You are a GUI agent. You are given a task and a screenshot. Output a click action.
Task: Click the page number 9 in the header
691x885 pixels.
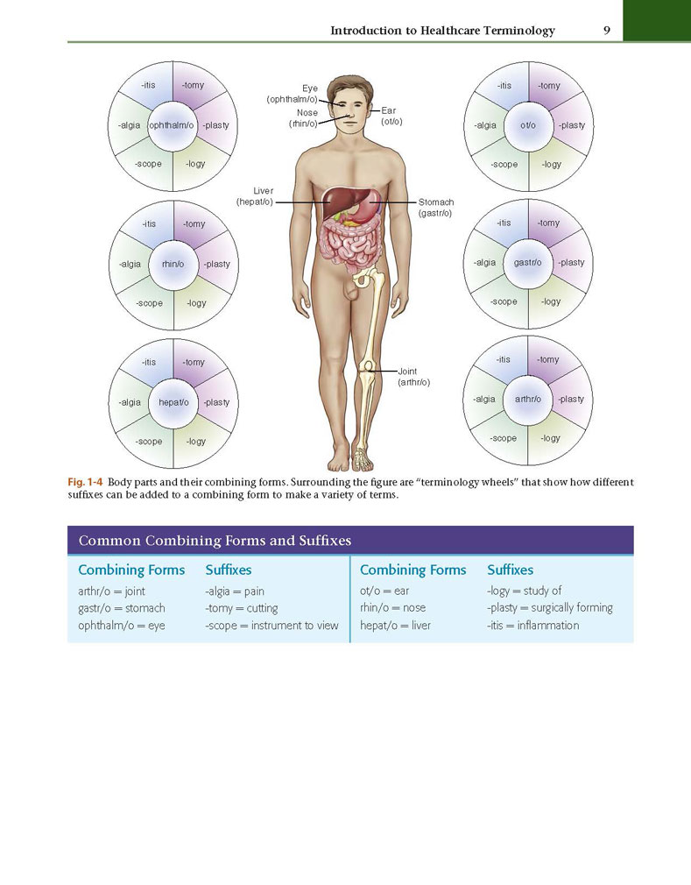point(606,31)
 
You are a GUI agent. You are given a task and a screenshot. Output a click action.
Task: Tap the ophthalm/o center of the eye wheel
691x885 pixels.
point(172,125)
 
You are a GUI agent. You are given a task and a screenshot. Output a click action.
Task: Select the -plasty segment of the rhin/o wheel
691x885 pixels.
point(216,264)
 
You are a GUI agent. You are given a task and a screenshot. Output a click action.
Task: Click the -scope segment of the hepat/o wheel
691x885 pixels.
point(149,442)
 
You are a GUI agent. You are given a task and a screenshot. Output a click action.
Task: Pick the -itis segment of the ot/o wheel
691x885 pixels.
point(504,85)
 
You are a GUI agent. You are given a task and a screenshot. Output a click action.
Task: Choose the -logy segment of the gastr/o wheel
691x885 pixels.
point(551,301)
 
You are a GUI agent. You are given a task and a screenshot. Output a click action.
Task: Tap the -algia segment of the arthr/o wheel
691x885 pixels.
point(484,399)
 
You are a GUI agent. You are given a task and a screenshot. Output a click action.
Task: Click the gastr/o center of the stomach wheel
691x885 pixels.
point(527,263)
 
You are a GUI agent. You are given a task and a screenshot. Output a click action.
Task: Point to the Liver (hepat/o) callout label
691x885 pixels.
point(254,196)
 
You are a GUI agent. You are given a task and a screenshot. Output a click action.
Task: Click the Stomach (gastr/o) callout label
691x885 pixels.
point(435,207)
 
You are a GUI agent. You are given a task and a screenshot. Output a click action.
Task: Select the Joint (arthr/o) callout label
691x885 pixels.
point(413,377)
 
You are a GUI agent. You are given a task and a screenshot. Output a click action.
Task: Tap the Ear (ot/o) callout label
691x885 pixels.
point(391,116)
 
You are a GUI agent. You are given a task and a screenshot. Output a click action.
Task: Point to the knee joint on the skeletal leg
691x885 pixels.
point(367,367)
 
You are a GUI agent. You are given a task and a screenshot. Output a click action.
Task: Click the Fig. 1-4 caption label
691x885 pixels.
point(85,483)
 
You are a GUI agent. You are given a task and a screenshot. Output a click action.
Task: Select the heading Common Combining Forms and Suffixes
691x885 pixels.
point(215,541)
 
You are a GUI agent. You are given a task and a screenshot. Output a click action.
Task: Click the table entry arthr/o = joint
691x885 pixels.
point(112,591)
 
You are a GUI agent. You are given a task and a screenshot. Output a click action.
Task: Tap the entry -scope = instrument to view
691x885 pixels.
point(271,626)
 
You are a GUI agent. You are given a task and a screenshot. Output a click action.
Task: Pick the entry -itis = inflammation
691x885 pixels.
point(533,626)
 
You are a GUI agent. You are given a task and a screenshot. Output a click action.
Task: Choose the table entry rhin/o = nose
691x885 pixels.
point(392,608)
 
